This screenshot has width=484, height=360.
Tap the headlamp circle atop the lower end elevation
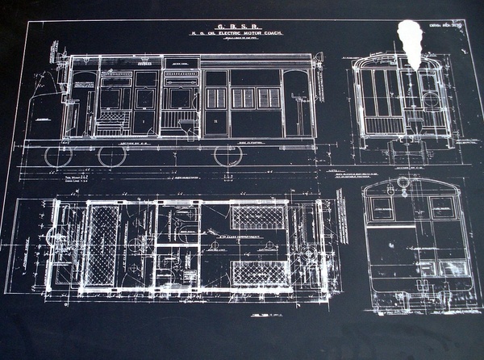tap(402, 184)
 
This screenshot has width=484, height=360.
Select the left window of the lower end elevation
tap(382, 207)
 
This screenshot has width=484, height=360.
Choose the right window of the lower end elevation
tap(442, 207)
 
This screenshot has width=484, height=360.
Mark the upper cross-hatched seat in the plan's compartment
tap(258, 216)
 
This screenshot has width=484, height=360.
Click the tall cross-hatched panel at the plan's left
tap(102, 244)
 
